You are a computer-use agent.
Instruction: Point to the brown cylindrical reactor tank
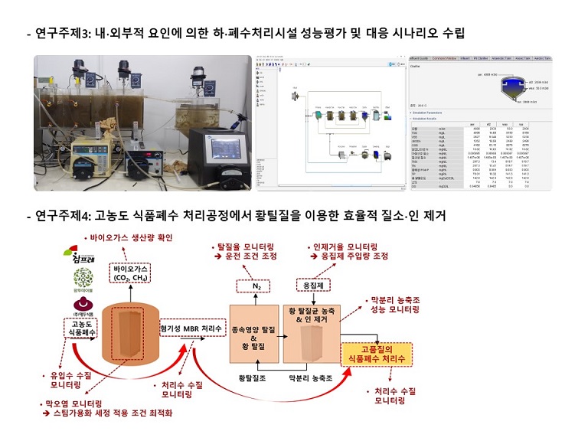tap(134, 337)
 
